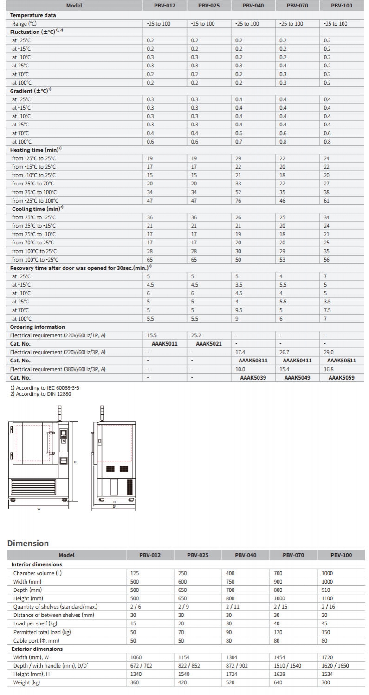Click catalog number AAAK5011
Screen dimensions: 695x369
pyautogui.click(x=165, y=344)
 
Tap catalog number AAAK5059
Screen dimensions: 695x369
pyautogui.click(x=341, y=378)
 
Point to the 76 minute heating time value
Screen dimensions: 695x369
pyautogui.click(x=239, y=201)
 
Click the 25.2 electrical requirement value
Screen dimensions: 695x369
pyautogui.click(x=195, y=335)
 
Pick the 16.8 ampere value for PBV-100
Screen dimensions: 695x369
pyautogui.click(x=329, y=369)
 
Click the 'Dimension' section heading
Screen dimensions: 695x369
pyautogui.click(x=28, y=543)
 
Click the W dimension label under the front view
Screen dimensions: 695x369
pyautogui.click(x=39, y=509)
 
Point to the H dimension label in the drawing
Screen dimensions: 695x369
pyautogui.click(x=75, y=461)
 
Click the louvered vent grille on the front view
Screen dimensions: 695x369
pyautogui.click(x=33, y=486)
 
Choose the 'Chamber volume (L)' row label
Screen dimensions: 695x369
pyautogui.click(x=37, y=573)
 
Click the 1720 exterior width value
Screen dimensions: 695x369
pyautogui.click(x=327, y=657)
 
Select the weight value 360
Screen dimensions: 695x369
pyautogui.click(x=135, y=682)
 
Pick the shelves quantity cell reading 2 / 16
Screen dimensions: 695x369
pyautogui.click(x=328, y=607)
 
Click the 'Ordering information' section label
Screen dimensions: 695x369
pyautogui.click(x=38, y=327)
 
